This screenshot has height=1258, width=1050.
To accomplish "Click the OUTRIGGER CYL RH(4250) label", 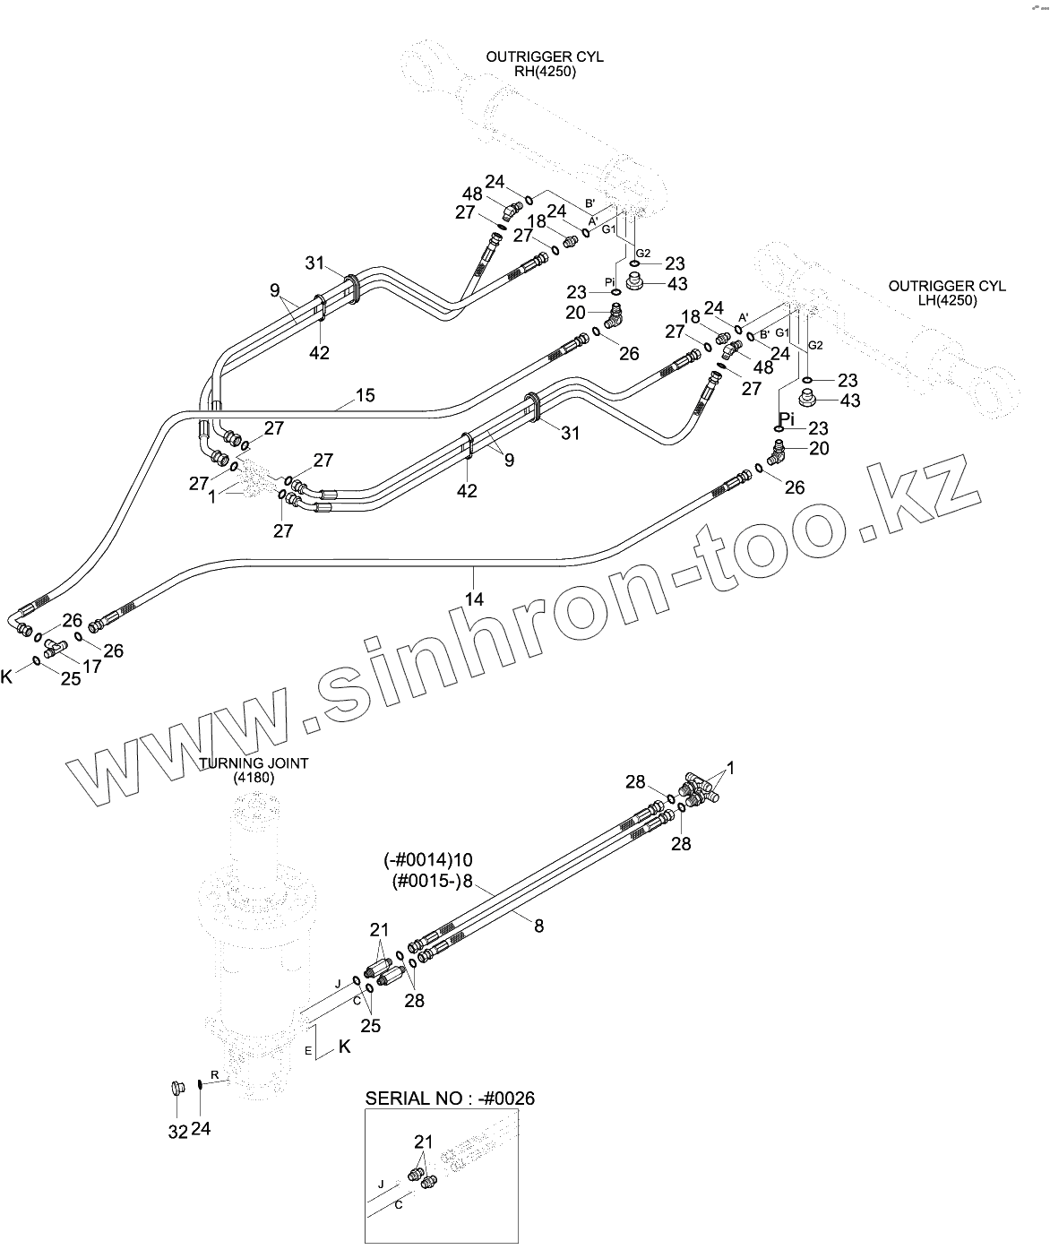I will (x=545, y=65).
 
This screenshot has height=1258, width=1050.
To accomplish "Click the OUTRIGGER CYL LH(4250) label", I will (x=947, y=293).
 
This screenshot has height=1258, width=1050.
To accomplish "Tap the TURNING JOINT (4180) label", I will (x=254, y=771).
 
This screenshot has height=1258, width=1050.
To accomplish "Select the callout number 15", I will (x=366, y=395).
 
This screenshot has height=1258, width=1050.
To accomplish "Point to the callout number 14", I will (x=475, y=599).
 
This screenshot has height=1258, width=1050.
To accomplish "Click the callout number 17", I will (x=92, y=666).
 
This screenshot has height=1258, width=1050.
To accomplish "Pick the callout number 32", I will (x=177, y=1132).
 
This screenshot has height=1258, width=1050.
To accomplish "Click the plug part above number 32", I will (x=176, y=1090).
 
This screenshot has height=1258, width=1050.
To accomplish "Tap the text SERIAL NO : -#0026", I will (x=450, y=1098).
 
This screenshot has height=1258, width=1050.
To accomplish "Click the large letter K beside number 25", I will (x=7, y=676).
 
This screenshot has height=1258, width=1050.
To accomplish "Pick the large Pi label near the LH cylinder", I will (x=787, y=418).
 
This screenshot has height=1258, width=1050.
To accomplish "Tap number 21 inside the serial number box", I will (x=423, y=1142).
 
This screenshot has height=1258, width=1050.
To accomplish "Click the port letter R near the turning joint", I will (x=214, y=1073).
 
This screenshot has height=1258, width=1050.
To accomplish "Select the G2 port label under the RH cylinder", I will (x=643, y=253).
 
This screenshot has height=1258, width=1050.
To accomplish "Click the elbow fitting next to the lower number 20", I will (x=776, y=453).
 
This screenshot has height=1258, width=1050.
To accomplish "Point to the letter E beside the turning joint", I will (x=308, y=1050).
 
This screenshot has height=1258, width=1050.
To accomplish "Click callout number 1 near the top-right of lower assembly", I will (x=730, y=768).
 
